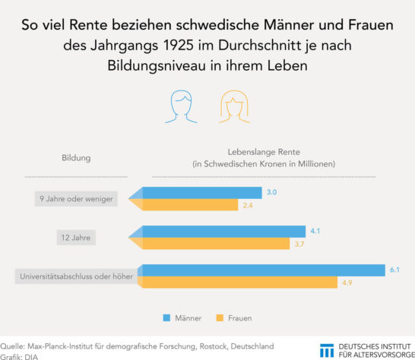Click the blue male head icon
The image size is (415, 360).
(184, 108)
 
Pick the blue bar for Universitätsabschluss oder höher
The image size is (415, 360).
(262, 270)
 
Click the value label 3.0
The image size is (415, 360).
(271, 193)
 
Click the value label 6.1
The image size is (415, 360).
(394, 270)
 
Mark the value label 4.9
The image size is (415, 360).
(347, 283)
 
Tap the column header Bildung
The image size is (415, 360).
(76, 158)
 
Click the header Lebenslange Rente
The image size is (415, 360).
(264, 152)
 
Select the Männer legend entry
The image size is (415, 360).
(182, 317)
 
